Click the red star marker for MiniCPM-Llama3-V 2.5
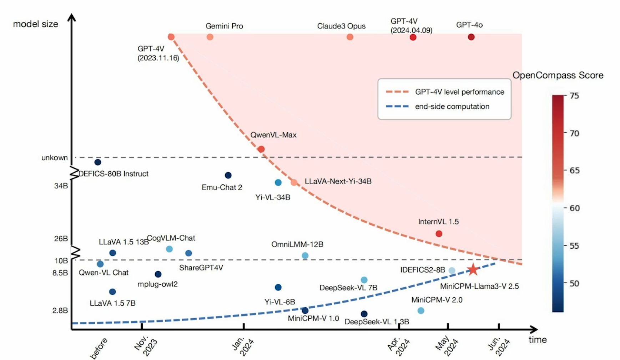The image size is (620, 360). click(473, 269)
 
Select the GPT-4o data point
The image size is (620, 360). click(471, 37)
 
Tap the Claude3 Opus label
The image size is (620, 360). click(341, 26)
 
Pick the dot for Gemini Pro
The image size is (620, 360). click(210, 37)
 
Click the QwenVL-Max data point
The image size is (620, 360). click(261, 149)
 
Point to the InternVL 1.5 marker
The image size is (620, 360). click(439, 234)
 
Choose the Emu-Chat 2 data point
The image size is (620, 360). click(228, 175)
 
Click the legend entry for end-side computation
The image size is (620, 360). click(452, 106)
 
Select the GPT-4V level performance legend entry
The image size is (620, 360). click(459, 92)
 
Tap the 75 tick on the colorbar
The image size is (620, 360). click(574, 96)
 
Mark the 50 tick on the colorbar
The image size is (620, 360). click(574, 283)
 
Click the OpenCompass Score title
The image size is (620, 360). click(558, 75)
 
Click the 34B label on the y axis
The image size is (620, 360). click(61, 186)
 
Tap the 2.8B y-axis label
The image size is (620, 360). click(60, 310)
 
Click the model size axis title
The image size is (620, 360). click(36, 24)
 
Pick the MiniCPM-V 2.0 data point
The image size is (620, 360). click(421, 311)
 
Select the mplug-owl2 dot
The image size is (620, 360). click(158, 274)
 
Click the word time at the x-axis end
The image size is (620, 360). click(538, 340)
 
